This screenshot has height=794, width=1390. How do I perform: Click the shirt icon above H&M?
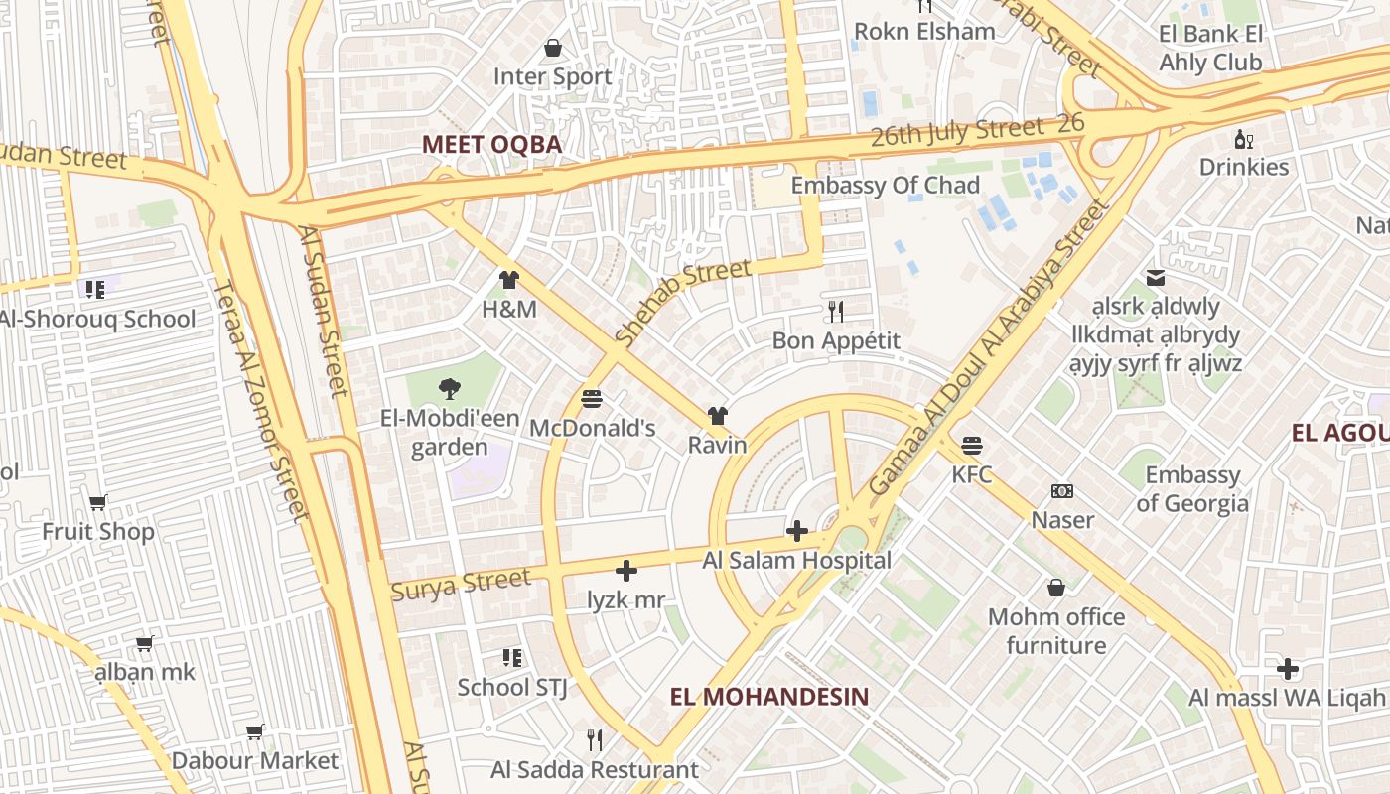pyautogui.click(x=509, y=280)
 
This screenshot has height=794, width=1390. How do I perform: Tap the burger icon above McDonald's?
pyautogui.click(x=592, y=399)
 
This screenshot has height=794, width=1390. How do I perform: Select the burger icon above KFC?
pyautogui.click(x=971, y=446)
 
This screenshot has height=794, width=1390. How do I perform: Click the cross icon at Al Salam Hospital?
pyautogui.click(x=796, y=531)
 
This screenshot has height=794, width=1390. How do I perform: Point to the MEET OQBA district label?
pyautogui.click(x=491, y=145)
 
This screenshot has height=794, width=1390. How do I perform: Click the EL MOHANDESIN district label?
pyautogui.click(x=768, y=697)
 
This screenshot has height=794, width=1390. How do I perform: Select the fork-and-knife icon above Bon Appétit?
pyautogui.click(x=836, y=312)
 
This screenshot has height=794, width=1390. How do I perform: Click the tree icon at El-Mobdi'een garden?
pyautogui.click(x=449, y=389)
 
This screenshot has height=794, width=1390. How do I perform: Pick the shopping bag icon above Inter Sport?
pyautogui.click(x=553, y=48)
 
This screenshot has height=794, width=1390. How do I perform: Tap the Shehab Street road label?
pyautogui.click(x=683, y=302)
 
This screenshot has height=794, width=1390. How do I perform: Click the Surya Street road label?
pyautogui.click(x=461, y=585)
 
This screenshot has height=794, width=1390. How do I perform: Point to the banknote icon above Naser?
pyautogui.click(x=1062, y=491)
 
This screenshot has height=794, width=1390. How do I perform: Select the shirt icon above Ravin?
pyautogui.click(x=717, y=416)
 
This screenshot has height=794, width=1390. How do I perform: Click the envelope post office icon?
pyautogui.click(x=1156, y=277)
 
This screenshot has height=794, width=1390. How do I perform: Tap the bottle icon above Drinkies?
pyautogui.click(x=1242, y=138)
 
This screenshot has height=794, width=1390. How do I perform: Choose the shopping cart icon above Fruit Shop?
pyautogui.click(x=97, y=502)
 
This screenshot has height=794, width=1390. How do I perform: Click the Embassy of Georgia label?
pyautogui.click(x=1192, y=489)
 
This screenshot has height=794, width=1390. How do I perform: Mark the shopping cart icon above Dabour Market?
pyautogui.click(x=254, y=732)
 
